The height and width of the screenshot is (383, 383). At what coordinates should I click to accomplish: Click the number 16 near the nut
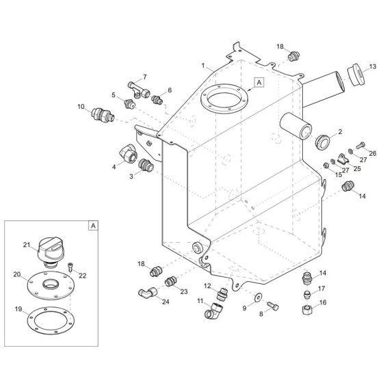click(323, 302)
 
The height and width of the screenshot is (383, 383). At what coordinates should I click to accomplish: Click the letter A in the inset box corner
click(92, 224)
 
